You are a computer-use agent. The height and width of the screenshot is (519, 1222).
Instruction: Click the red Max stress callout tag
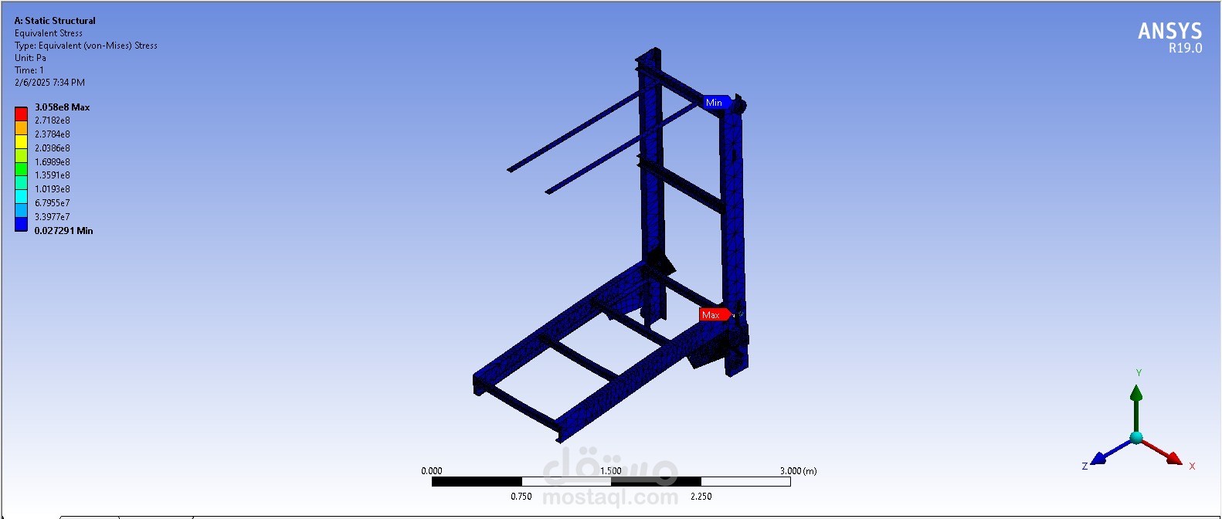click(x=715, y=314)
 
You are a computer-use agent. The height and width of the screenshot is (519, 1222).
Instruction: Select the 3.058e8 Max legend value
click(x=63, y=107)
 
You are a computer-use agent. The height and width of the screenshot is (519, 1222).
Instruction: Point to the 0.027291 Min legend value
click(x=63, y=231)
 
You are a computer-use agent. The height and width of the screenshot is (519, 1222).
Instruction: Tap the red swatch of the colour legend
click(x=21, y=114)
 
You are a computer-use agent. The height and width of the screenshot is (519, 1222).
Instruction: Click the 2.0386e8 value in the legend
click(x=53, y=148)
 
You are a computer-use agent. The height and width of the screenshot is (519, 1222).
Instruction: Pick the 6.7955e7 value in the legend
click(x=53, y=203)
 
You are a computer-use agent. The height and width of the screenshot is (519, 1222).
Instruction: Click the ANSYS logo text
click(x=1169, y=31)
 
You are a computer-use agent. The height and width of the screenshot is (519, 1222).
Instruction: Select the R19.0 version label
click(x=1185, y=48)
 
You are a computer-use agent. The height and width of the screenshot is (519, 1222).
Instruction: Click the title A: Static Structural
click(x=55, y=21)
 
